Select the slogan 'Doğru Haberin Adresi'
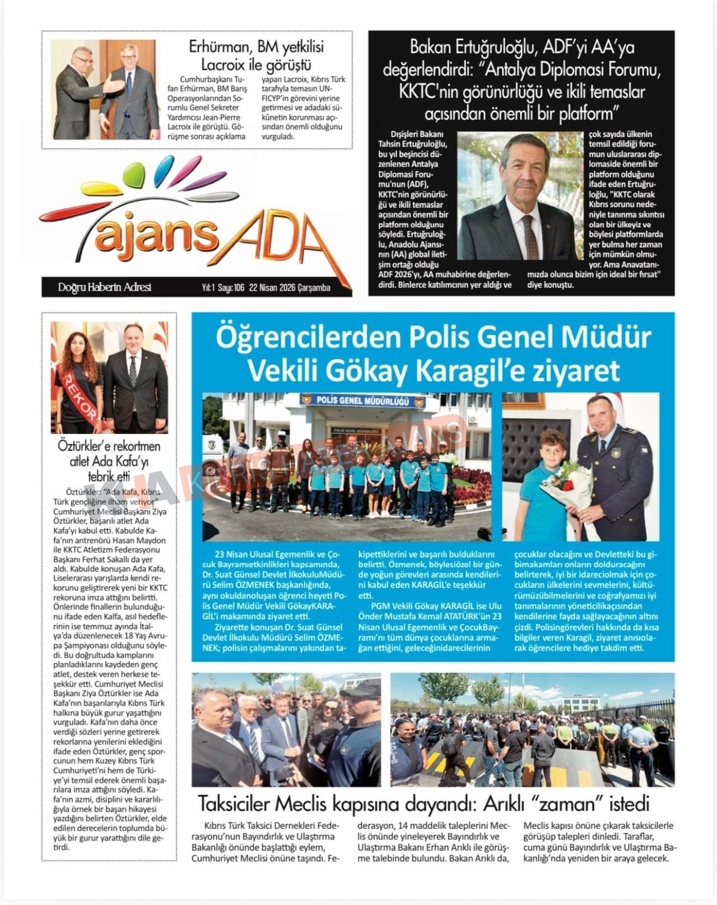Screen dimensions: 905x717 [x=104, y=287]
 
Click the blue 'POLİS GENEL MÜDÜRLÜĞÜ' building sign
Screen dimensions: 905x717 [x=362, y=401]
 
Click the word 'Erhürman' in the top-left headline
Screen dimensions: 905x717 [x=219, y=47]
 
